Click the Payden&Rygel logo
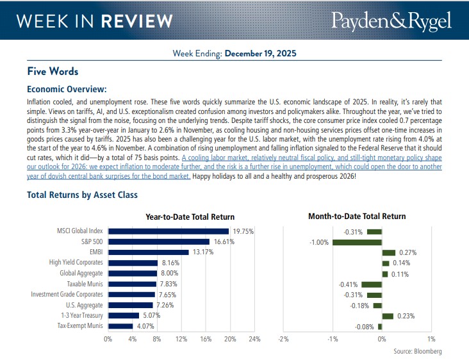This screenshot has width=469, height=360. click(391, 20)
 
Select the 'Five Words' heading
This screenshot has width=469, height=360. click(53, 71)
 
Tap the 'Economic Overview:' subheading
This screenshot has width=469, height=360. click(67, 89)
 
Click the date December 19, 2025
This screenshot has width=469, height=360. click(260, 54)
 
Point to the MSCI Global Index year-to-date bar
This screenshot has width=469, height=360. click(169, 231)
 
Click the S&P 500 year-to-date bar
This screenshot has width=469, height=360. click(159, 241)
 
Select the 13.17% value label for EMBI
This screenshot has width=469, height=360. click(201, 252)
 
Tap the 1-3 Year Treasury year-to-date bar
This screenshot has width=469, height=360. click(124, 315)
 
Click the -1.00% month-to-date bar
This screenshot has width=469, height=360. click(356, 241)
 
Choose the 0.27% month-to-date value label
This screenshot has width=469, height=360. click(407, 252)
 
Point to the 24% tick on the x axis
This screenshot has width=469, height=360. click(254, 338)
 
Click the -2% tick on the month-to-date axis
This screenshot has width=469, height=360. click(283, 338)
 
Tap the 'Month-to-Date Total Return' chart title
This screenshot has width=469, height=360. click(356, 217)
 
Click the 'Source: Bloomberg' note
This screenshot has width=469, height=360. click(417, 351)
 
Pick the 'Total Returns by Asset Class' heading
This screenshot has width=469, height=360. click(82, 195)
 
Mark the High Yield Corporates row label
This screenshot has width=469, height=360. click(76, 263)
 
